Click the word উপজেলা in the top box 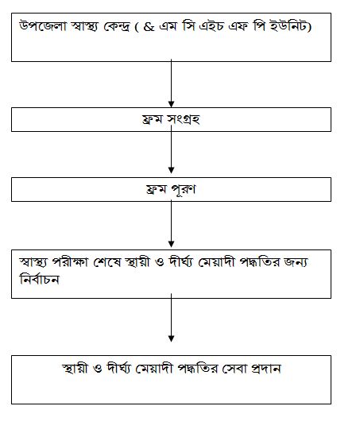43,26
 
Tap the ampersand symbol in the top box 149,27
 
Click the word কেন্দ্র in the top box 116,27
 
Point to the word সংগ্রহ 184,119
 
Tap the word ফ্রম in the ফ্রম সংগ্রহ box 153,119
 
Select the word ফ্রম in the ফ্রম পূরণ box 156,190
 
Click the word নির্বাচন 39,279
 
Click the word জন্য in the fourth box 296,262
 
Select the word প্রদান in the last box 265,369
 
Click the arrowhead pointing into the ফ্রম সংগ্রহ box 171,104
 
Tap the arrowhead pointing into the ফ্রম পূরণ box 171,170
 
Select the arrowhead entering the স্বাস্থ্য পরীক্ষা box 171,244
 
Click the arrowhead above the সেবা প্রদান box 171,338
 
